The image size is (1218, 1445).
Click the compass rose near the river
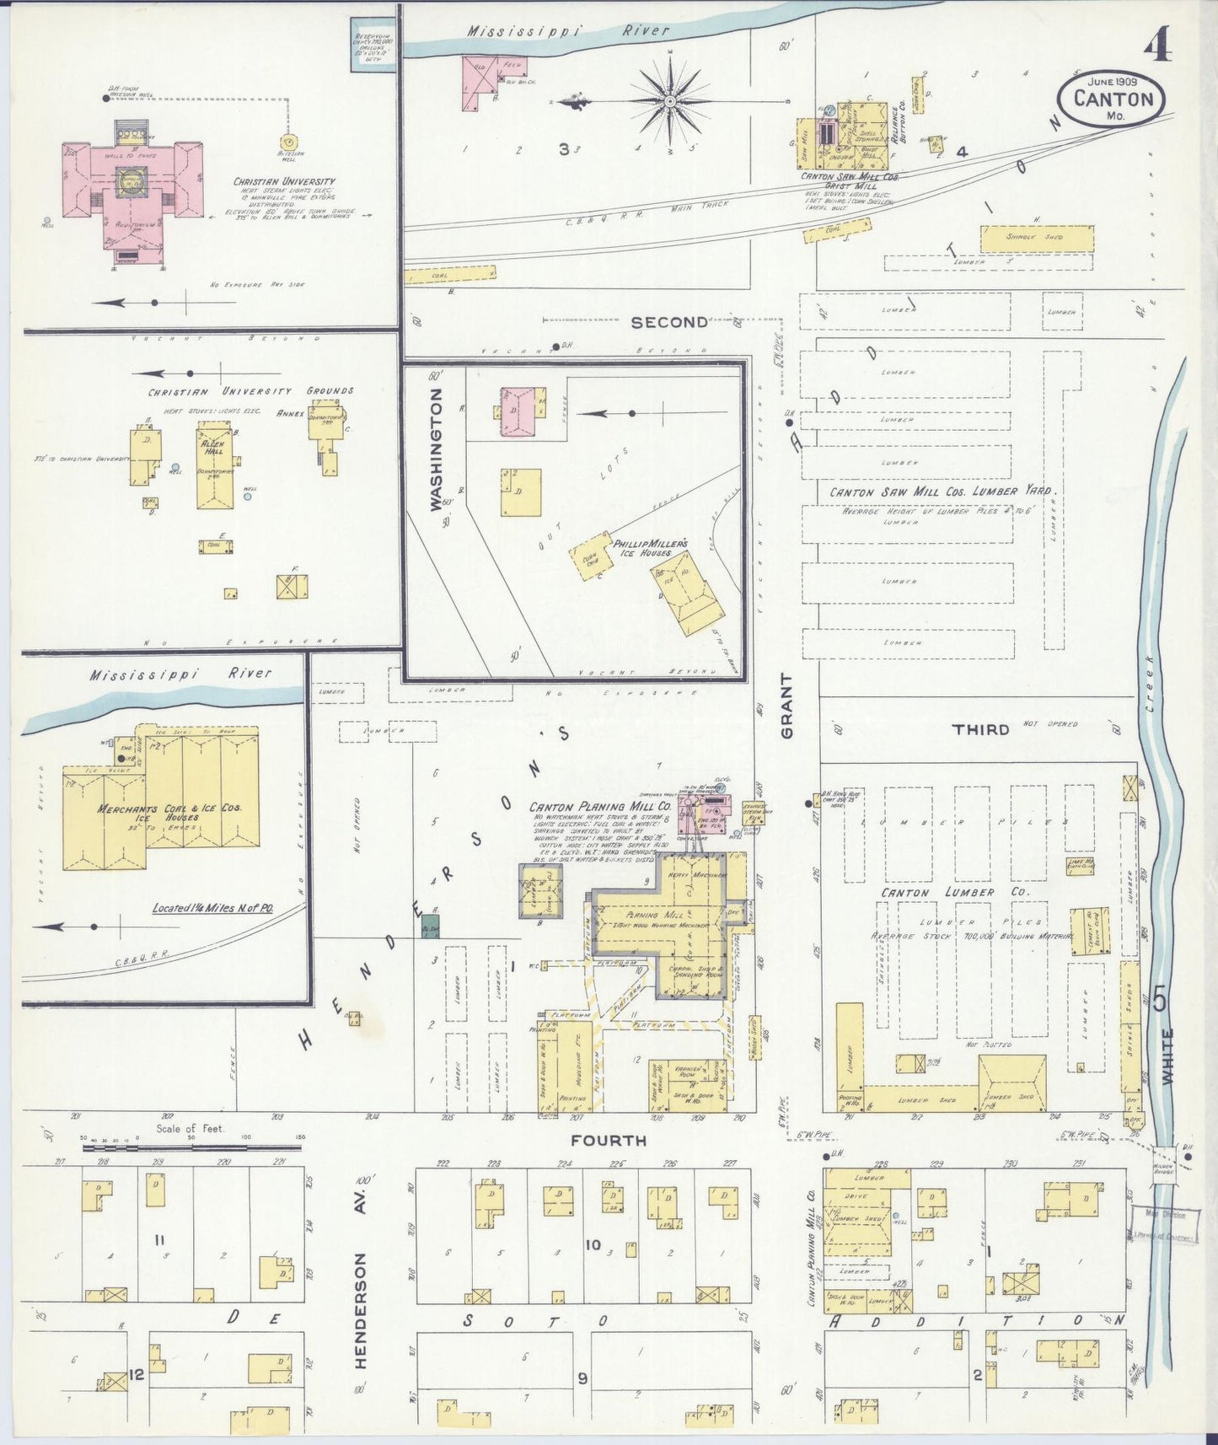670,101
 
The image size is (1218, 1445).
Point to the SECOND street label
670,322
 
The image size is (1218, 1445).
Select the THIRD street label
979,728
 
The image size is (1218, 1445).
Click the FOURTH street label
608,1141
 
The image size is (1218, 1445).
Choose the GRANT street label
787,706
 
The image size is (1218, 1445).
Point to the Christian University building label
284,181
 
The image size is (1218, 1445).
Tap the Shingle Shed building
1037,239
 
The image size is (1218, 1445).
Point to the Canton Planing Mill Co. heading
600,806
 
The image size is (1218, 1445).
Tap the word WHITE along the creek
1167,1056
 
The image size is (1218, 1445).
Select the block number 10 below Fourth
593,1244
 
